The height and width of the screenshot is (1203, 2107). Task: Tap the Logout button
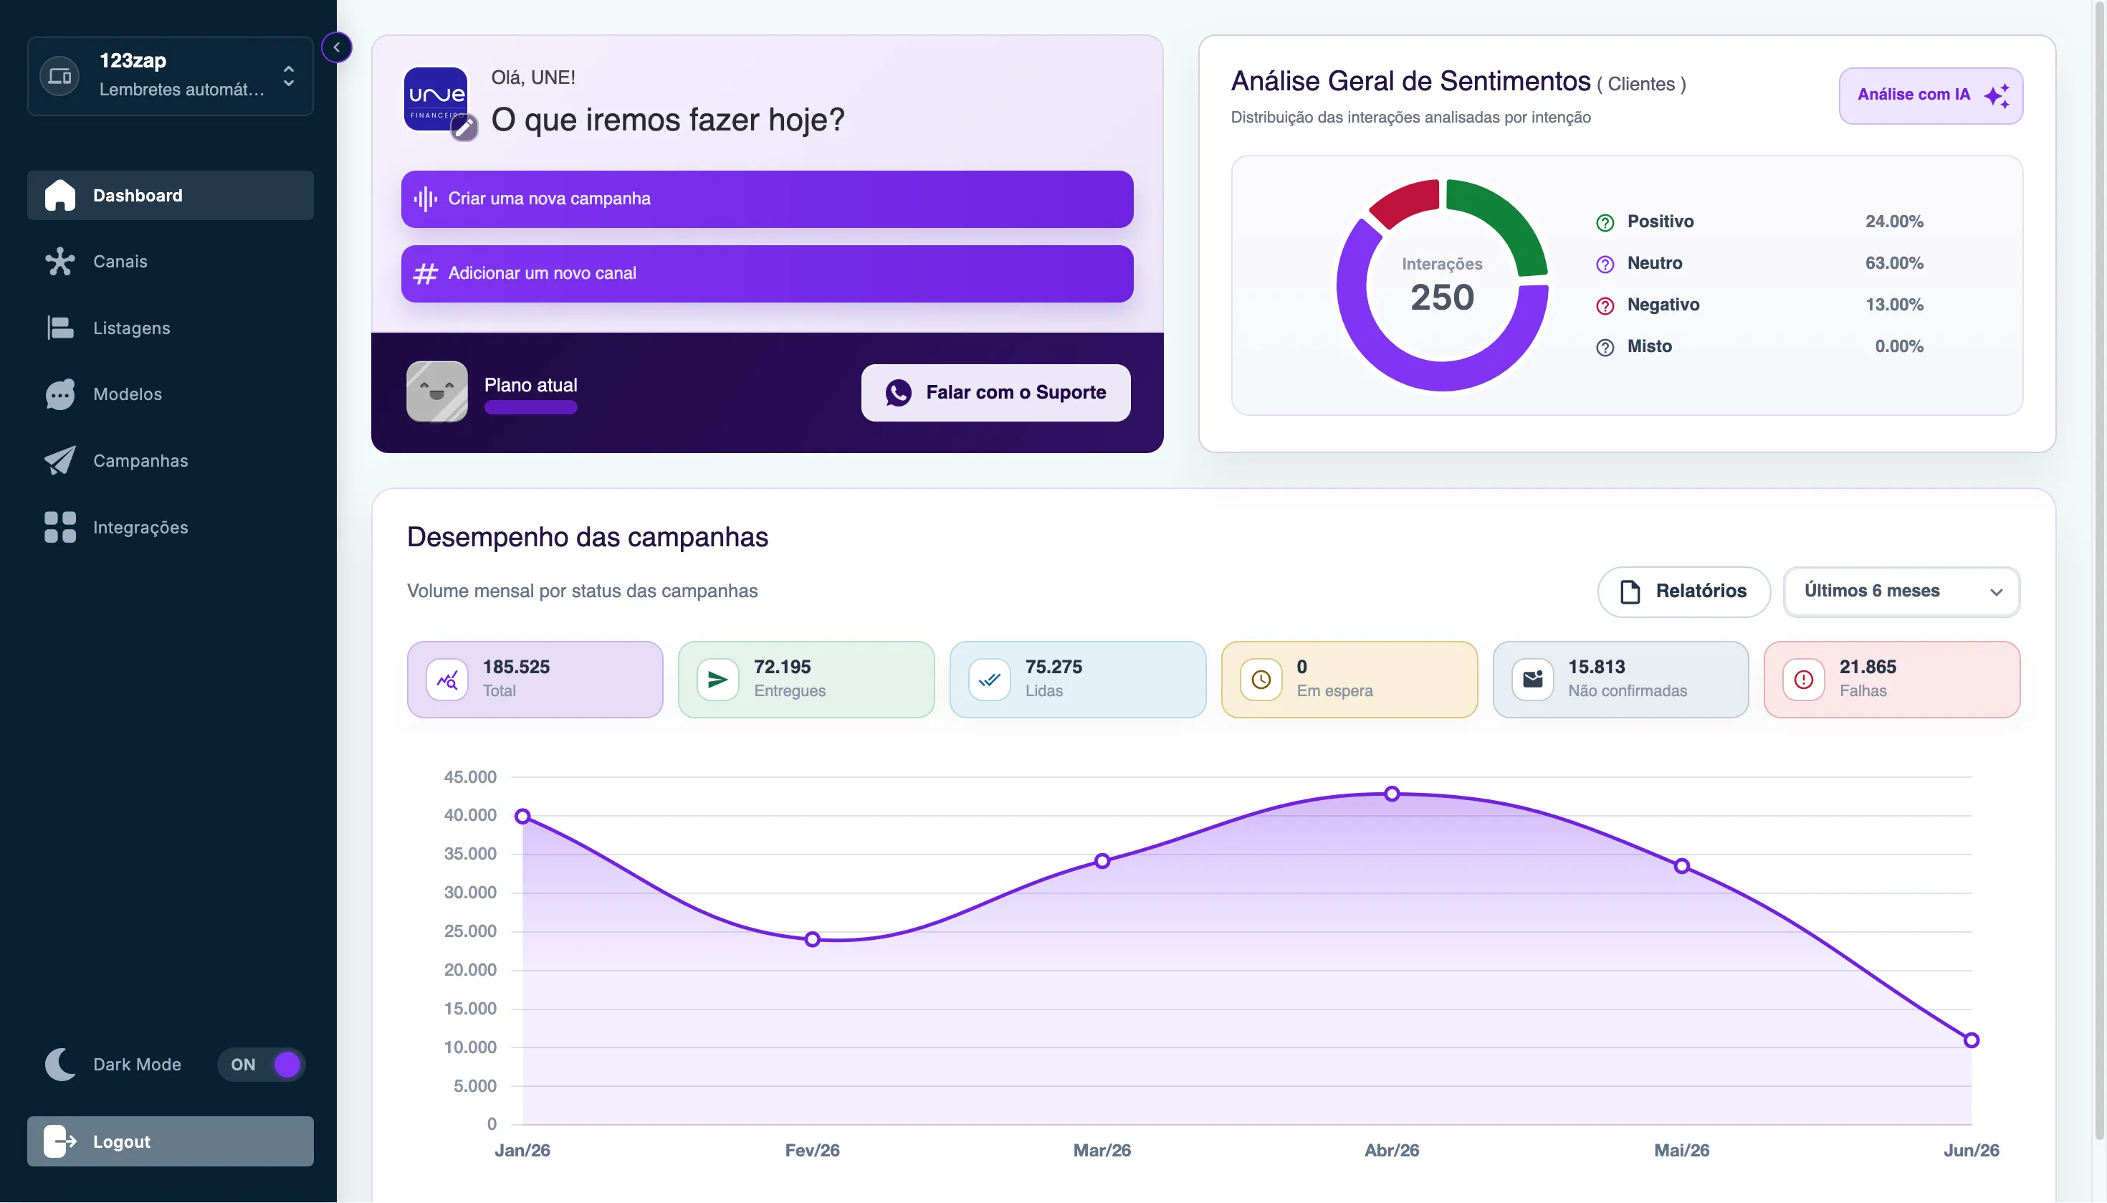[x=170, y=1141]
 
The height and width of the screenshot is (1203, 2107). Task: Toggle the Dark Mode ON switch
[x=262, y=1064]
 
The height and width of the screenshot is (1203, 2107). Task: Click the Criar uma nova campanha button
[x=767, y=199]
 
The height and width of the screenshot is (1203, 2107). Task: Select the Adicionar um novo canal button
[x=767, y=273]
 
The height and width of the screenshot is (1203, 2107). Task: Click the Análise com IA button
[x=1930, y=96]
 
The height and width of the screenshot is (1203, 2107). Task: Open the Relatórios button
[x=1683, y=591]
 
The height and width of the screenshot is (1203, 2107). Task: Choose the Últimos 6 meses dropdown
[x=1901, y=591]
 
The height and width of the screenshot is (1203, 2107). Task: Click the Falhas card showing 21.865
[x=1891, y=679]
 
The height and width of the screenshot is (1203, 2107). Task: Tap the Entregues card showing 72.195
[x=806, y=679]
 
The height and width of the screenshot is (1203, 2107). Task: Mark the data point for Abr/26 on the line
[x=1392, y=794]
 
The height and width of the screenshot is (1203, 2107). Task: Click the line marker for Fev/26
[x=813, y=939]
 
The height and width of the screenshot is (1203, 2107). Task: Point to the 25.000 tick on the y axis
[x=470, y=931]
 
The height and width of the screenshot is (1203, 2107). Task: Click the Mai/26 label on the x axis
[x=1681, y=1150]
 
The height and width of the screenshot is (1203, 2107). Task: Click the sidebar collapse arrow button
[x=336, y=47]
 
